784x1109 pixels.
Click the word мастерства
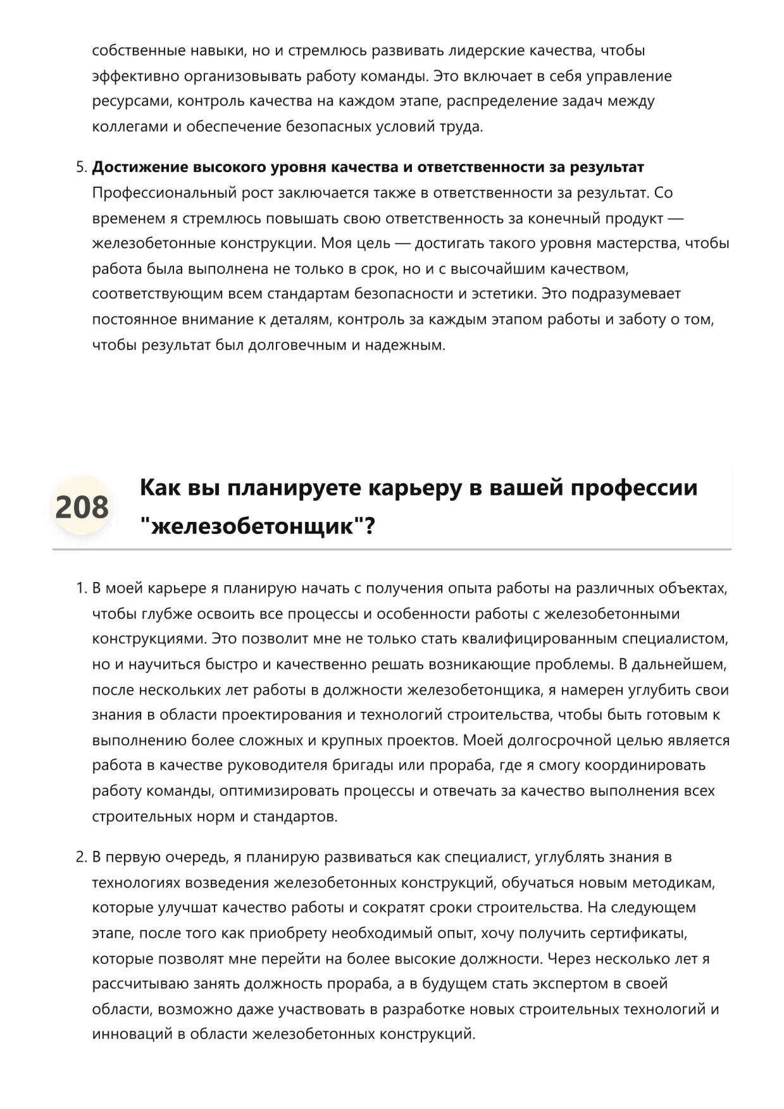click(638, 244)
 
